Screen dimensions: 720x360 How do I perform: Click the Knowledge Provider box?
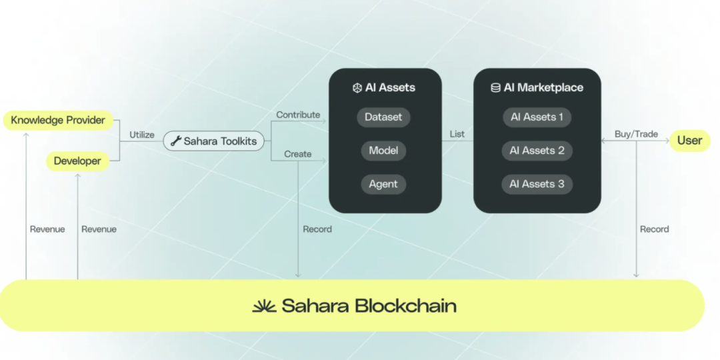pos(58,120)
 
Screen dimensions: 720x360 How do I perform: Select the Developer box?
pos(77,161)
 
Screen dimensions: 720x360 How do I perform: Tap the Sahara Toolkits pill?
pos(214,141)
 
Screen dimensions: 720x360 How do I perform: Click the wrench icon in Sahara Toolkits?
pos(176,141)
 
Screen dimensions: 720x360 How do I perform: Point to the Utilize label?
pos(142,135)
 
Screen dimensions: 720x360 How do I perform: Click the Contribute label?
pos(298,115)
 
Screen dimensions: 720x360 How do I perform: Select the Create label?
pos(297,154)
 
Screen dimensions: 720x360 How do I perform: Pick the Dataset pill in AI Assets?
pos(383,117)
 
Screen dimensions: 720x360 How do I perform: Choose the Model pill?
pos(383,151)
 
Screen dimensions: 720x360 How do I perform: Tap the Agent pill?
pos(383,184)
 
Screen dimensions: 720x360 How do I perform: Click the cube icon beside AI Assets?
pos(357,88)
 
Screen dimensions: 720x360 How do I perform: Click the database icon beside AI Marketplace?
pos(495,88)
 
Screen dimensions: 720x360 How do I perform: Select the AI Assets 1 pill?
pos(537,117)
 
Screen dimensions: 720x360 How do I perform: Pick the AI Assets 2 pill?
pos(537,151)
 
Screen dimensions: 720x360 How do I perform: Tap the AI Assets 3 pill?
pos(537,184)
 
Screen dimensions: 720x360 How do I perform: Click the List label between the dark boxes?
pos(457,134)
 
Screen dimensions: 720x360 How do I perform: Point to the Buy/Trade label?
pos(637,134)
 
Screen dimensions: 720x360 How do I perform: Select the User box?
pos(690,141)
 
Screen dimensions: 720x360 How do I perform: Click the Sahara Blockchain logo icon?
pos(265,305)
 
